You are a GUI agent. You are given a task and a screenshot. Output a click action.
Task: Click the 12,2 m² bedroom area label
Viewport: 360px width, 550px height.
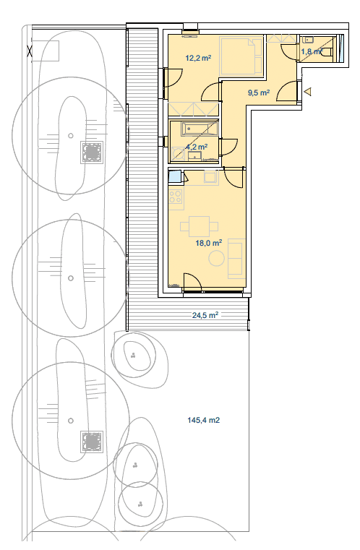198,58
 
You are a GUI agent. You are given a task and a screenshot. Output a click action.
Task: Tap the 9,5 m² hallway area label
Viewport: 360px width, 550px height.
259,93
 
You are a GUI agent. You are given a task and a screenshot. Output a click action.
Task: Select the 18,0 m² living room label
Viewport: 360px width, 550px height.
209,243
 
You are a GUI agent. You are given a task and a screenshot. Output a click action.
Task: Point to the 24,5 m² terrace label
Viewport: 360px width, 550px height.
205,315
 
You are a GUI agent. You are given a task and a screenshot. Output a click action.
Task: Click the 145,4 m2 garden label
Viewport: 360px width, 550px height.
204,420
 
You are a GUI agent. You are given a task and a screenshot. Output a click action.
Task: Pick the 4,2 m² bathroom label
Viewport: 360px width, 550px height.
197,146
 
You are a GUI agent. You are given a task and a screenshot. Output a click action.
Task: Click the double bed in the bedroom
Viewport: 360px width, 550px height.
241,56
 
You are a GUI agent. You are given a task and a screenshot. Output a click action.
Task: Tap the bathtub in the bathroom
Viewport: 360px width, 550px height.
199,129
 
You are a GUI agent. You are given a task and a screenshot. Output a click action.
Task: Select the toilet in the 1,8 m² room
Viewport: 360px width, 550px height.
326,52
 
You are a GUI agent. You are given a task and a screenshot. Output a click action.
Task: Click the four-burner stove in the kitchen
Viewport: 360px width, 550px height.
176,197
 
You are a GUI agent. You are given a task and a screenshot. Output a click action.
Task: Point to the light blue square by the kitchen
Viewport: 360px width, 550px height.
175,176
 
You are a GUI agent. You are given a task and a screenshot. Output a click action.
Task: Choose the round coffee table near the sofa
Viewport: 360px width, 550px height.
216,259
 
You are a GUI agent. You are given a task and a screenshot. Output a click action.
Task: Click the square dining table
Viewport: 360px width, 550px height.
200,226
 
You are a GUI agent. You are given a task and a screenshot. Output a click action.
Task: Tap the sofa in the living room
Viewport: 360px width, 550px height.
236,257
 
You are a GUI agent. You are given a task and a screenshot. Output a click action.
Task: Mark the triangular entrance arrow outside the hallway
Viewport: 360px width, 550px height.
308,92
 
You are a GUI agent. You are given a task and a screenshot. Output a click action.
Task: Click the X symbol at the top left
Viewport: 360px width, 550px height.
30,51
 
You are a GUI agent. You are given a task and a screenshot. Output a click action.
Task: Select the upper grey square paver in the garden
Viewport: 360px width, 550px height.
92,152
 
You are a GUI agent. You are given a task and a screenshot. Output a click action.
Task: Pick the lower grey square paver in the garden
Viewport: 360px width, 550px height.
92,442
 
